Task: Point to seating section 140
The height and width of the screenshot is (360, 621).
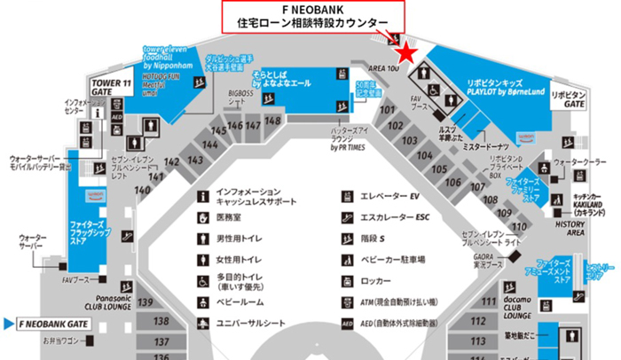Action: tap(143, 190)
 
